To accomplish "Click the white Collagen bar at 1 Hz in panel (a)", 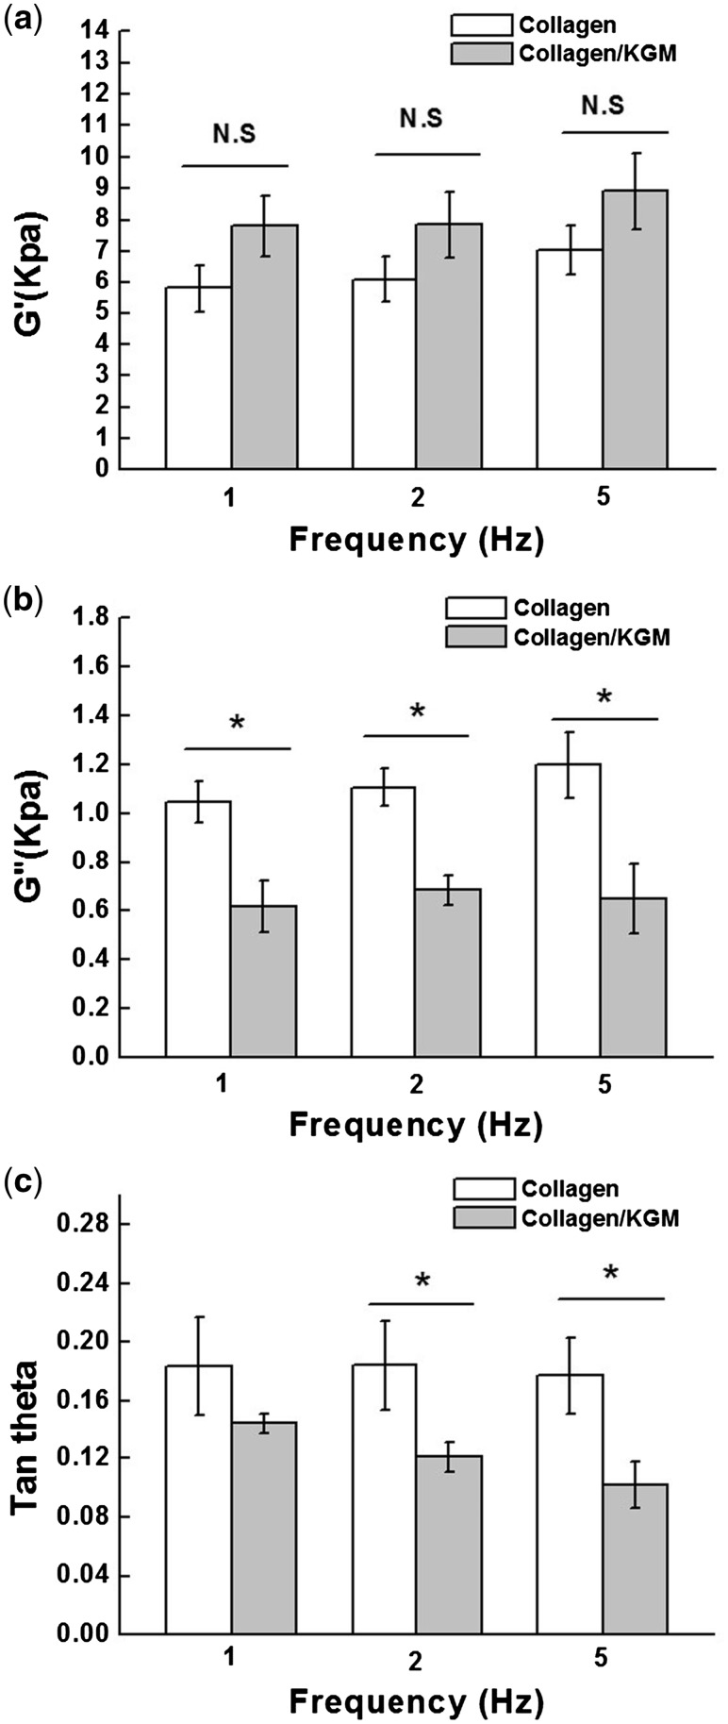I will tap(199, 377).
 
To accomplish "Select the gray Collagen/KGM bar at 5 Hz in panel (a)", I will tap(636, 329).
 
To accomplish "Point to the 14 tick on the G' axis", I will tap(99, 31).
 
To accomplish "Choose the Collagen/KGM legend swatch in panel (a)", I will tap(481, 54).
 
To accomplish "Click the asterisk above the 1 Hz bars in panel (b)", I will tap(237, 724).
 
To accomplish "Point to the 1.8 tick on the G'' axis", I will tap(91, 618).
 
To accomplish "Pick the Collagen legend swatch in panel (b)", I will tap(473, 607).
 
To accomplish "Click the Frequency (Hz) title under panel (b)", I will tap(416, 1125).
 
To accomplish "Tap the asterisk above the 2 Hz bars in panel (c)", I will tap(422, 1280).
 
